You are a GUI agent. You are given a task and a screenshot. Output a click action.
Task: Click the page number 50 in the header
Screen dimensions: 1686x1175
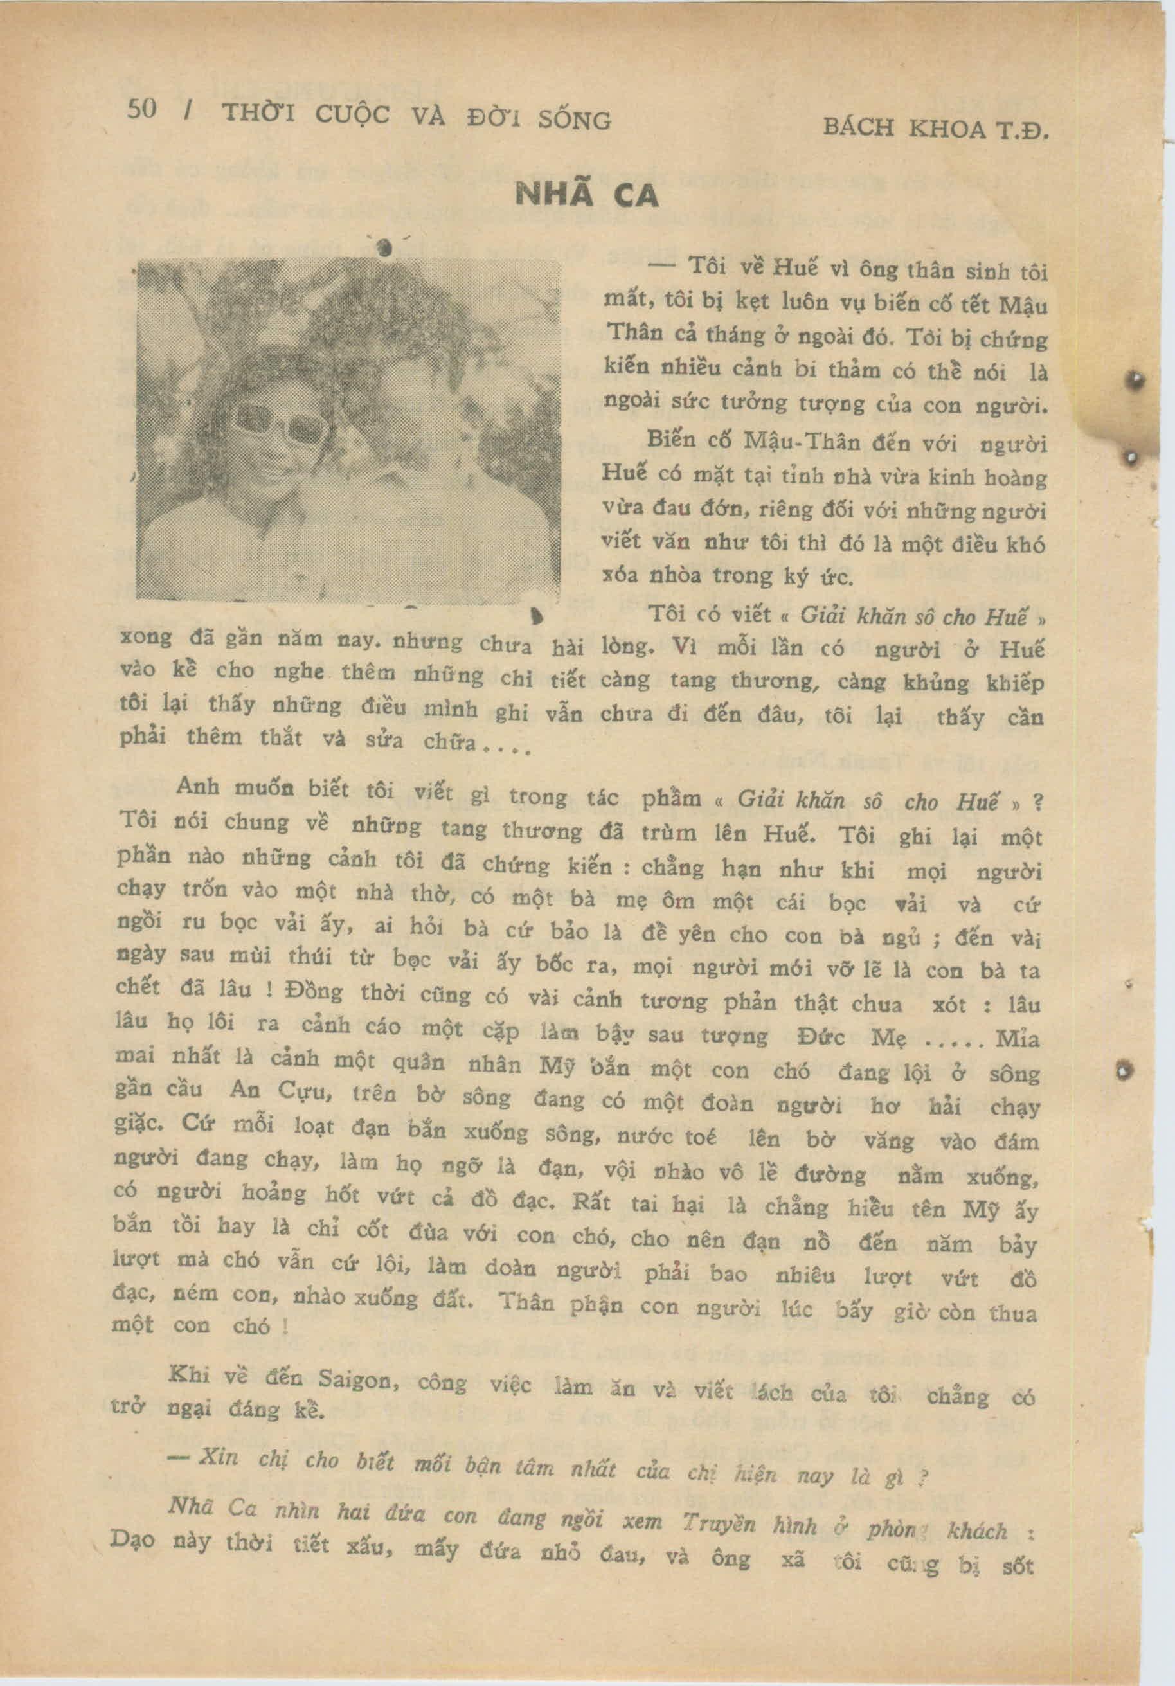tap(142, 109)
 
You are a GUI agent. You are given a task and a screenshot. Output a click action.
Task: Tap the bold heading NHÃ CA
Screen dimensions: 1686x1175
tap(587, 195)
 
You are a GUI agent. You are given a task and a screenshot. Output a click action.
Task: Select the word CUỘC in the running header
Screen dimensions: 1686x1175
tap(352, 114)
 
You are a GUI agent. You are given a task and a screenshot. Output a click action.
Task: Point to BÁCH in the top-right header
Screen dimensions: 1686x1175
tap(857, 127)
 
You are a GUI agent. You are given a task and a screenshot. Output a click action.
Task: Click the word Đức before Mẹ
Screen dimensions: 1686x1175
tap(821, 1037)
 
